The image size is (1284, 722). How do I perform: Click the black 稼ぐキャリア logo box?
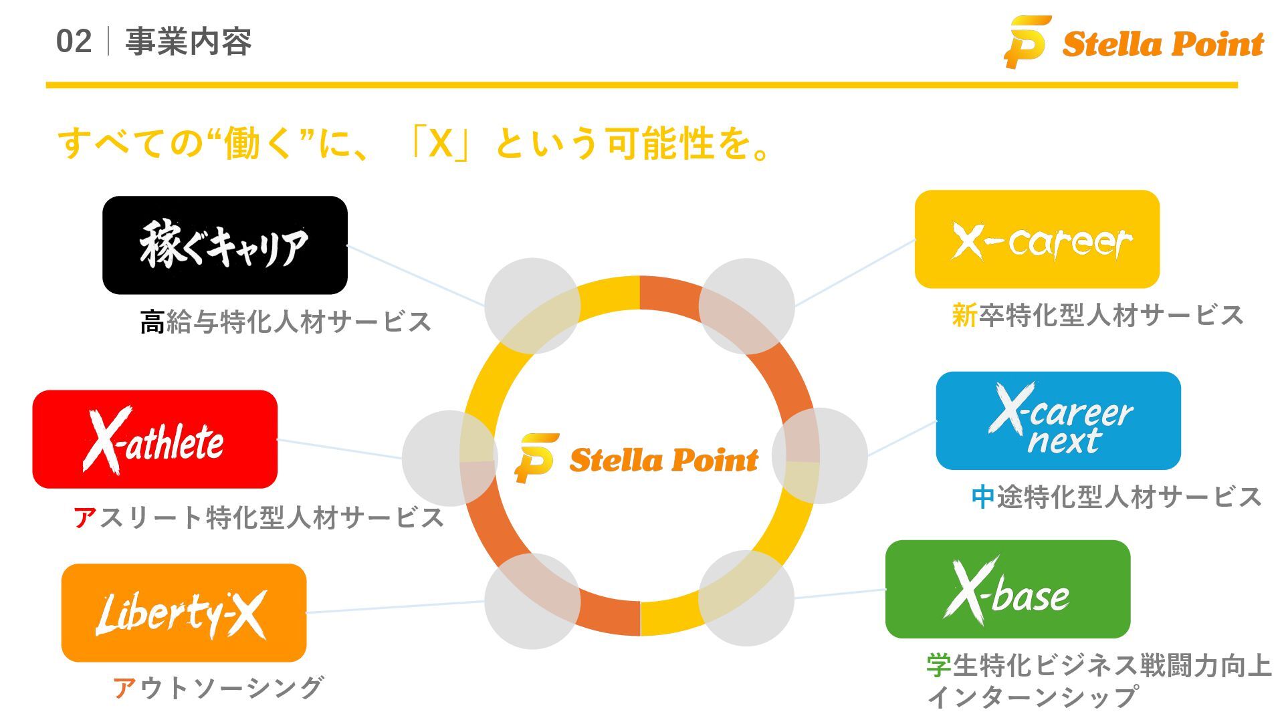(x=225, y=245)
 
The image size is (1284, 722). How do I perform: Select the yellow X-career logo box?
(x=1037, y=239)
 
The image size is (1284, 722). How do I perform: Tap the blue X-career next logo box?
(x=1058, y=421)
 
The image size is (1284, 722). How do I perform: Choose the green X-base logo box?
(x=1007, y=590)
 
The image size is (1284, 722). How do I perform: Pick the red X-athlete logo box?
(x=154, y=439)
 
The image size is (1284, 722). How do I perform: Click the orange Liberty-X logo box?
(x=183, y=612)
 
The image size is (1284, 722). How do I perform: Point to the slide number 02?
(x=74, y=41)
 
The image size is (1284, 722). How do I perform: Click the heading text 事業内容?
(x=189, y=41)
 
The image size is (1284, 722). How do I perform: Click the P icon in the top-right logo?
(x=1026, y=41)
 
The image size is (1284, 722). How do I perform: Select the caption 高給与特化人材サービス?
(x=286, y=322)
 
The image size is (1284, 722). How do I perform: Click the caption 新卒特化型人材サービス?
(x=1097, y=315)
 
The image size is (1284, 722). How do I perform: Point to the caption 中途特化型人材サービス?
(x=1116, y=497)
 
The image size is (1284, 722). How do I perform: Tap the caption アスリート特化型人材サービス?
(x=259, y=517)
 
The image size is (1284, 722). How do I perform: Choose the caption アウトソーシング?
(x=219, y=687)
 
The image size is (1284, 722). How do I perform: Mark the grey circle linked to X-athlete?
(x=449, y=458)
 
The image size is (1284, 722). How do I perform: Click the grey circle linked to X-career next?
(x=820, y=455)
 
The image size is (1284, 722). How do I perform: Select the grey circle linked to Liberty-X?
(x=532, y=600)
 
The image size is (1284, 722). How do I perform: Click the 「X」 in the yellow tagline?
(x=441, y=143)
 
